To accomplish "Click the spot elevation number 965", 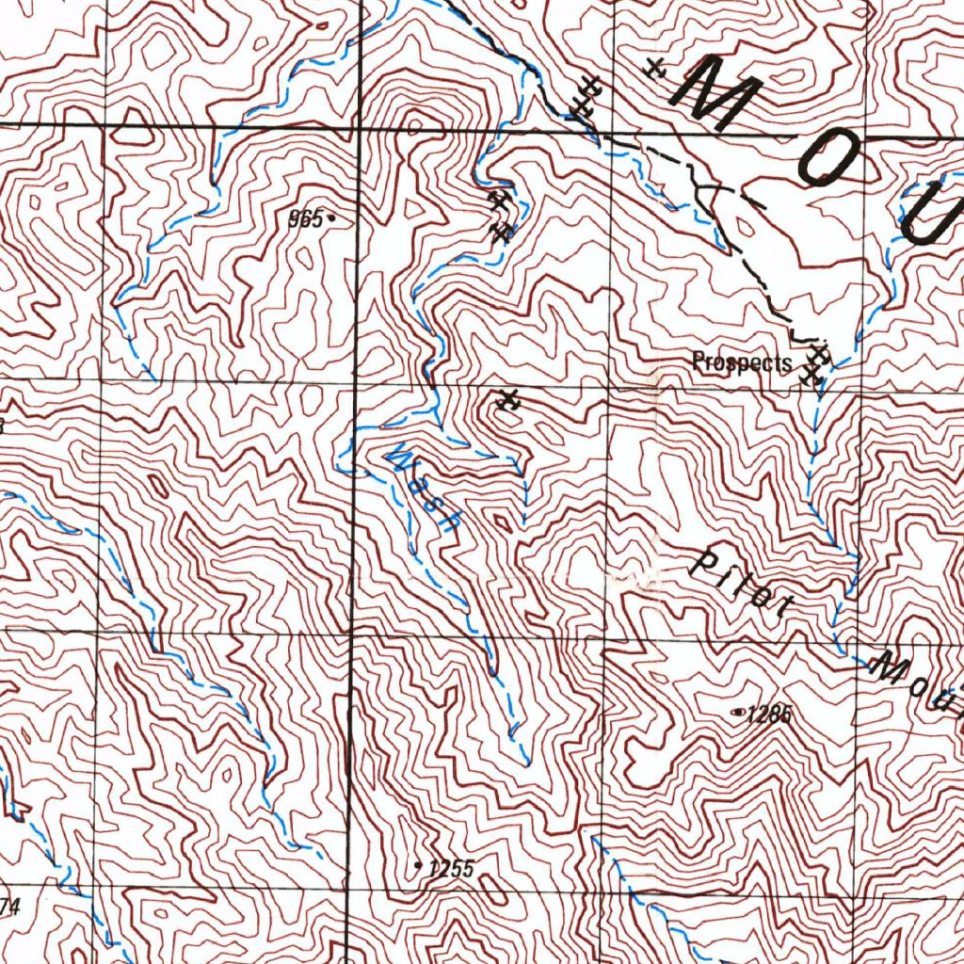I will tap(305, 219).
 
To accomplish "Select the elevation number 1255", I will tap(450, 869).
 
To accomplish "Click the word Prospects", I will tap(741, 361).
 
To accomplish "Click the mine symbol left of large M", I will tap(655, 68).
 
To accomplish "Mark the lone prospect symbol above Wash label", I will tap(509, 400).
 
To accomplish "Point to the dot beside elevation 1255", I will tap(418, 863).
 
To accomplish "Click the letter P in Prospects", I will tap(698, 361).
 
